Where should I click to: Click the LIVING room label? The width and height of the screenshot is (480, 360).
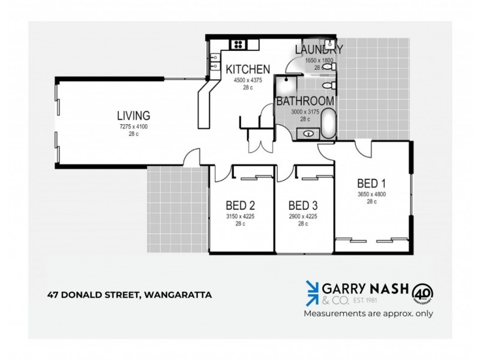[x=133, y=115]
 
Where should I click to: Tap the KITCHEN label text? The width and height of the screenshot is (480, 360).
[x=248, y=69]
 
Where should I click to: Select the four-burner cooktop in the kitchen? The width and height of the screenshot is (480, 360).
[x=238, y=43]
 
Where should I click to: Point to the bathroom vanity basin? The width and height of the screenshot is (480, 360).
[x=308, y=134]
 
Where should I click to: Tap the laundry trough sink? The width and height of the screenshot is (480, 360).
[x=328, y=68]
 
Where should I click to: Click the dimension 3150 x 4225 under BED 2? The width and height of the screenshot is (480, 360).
[x=241, y=216]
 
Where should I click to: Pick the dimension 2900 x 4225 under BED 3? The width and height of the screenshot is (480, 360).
[x=302, y=216]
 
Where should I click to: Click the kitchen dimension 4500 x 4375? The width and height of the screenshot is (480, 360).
[x=247, y=80]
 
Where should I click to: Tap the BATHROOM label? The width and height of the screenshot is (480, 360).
[x=304, y=101]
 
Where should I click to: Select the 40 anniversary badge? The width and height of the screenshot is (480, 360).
[x=423, y=293]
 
